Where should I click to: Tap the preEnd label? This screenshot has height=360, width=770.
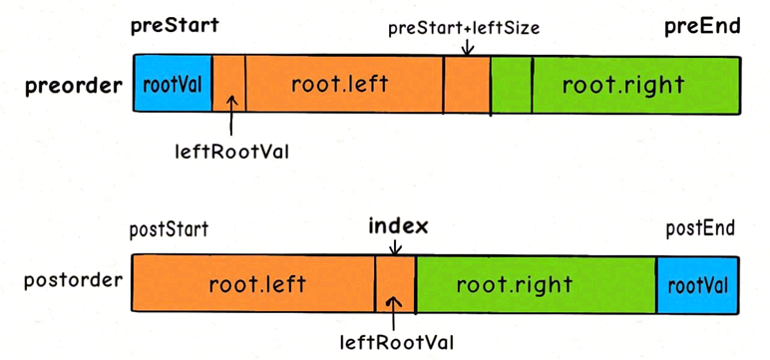(702, 27)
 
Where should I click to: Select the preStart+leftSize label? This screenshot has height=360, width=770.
(464, 28)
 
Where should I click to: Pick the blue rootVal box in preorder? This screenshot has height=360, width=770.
(173, 84)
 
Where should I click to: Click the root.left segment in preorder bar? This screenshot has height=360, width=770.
(344, 84)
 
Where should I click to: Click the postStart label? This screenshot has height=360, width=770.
(169, 230)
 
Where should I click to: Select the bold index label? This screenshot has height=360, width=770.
(396, 226)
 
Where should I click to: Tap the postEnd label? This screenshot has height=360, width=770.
(699, 230)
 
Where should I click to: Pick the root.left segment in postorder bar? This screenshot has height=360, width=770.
(253, 285)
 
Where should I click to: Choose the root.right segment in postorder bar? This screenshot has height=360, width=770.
(535, 285)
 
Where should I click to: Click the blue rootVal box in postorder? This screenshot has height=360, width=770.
(696, 285)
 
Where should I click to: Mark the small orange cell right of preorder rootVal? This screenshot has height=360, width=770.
(228, 84)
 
